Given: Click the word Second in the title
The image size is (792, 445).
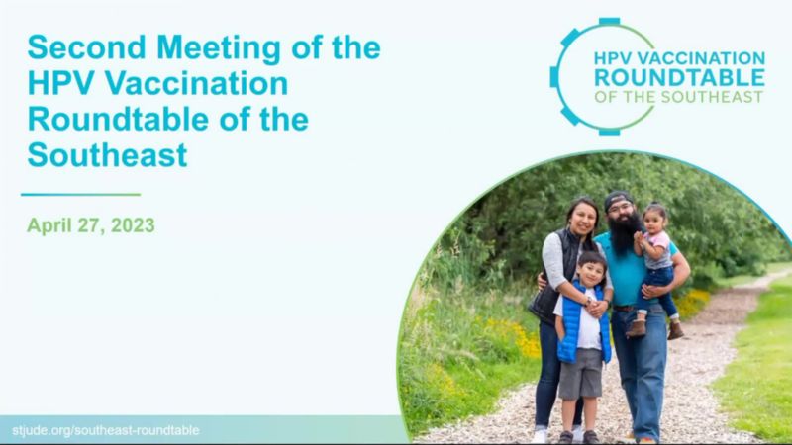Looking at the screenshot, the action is (86, 47).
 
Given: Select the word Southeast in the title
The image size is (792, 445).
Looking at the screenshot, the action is (107, 155).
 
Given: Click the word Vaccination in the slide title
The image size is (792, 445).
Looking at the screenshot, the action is (196, 83).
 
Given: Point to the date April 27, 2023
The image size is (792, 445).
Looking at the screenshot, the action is (91, 225).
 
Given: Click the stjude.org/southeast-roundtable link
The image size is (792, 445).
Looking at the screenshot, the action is (106, 430).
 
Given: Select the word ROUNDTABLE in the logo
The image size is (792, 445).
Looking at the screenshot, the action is (679, 78).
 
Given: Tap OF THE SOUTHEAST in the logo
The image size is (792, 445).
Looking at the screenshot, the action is (678, 97).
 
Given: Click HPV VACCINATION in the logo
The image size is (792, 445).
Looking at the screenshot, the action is (679, 58).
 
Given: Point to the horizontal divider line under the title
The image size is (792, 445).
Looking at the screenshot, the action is (81, 194).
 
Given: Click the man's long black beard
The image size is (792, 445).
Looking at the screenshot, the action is (624, 232).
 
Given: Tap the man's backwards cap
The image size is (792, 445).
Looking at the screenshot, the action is (617, 200).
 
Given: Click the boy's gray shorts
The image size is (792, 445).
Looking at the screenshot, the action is (581, 373).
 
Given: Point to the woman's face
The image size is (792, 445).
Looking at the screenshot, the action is (582, 219).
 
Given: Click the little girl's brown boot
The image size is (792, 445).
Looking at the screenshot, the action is (637, 328).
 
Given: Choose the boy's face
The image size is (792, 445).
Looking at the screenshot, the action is (591, 273).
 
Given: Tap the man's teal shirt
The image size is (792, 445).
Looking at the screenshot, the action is (622, 273).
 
